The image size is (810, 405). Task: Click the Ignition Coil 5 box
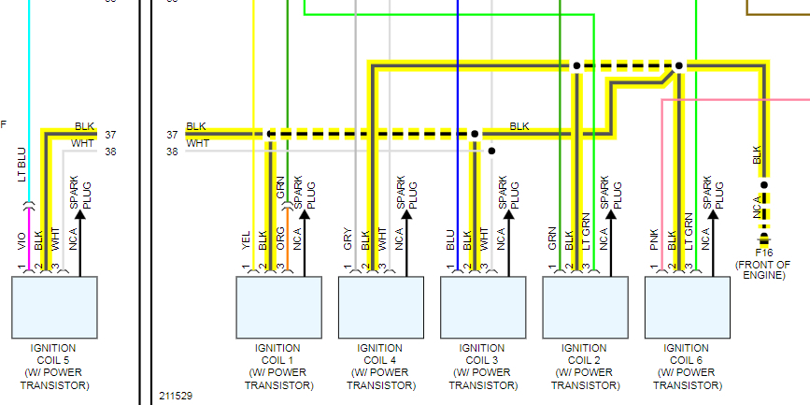(x=55, y=308)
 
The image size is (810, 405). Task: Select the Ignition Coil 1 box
(x=277, y=308)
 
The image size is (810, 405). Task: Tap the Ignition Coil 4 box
(x=380, y=308)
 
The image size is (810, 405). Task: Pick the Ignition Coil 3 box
(x=482, y=308)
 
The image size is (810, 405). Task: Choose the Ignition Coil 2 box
(x=585, y=308)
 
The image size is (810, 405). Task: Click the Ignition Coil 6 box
(x=688, y=308)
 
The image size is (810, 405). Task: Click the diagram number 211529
(x=176, y=397)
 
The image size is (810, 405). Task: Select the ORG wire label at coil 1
(x=280, y=238)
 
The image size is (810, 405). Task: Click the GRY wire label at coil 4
(x=348, y=239)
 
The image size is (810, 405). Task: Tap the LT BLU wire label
(x=22, y=164)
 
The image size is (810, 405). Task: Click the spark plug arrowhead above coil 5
(x=80, y=214)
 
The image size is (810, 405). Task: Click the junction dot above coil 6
(x=679, y=65)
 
